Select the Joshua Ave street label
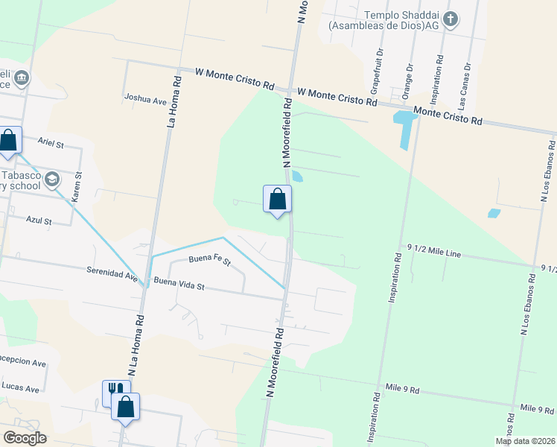pyautogui.click(x=145, y=98)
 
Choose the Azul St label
pyautogui.click(x=39, y=221)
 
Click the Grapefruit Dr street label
pyautogui.click(x=378, y=64)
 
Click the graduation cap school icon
pyautogui.click(x=52, y=179)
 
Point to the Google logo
pyautogui.click(x=25, y=438)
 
